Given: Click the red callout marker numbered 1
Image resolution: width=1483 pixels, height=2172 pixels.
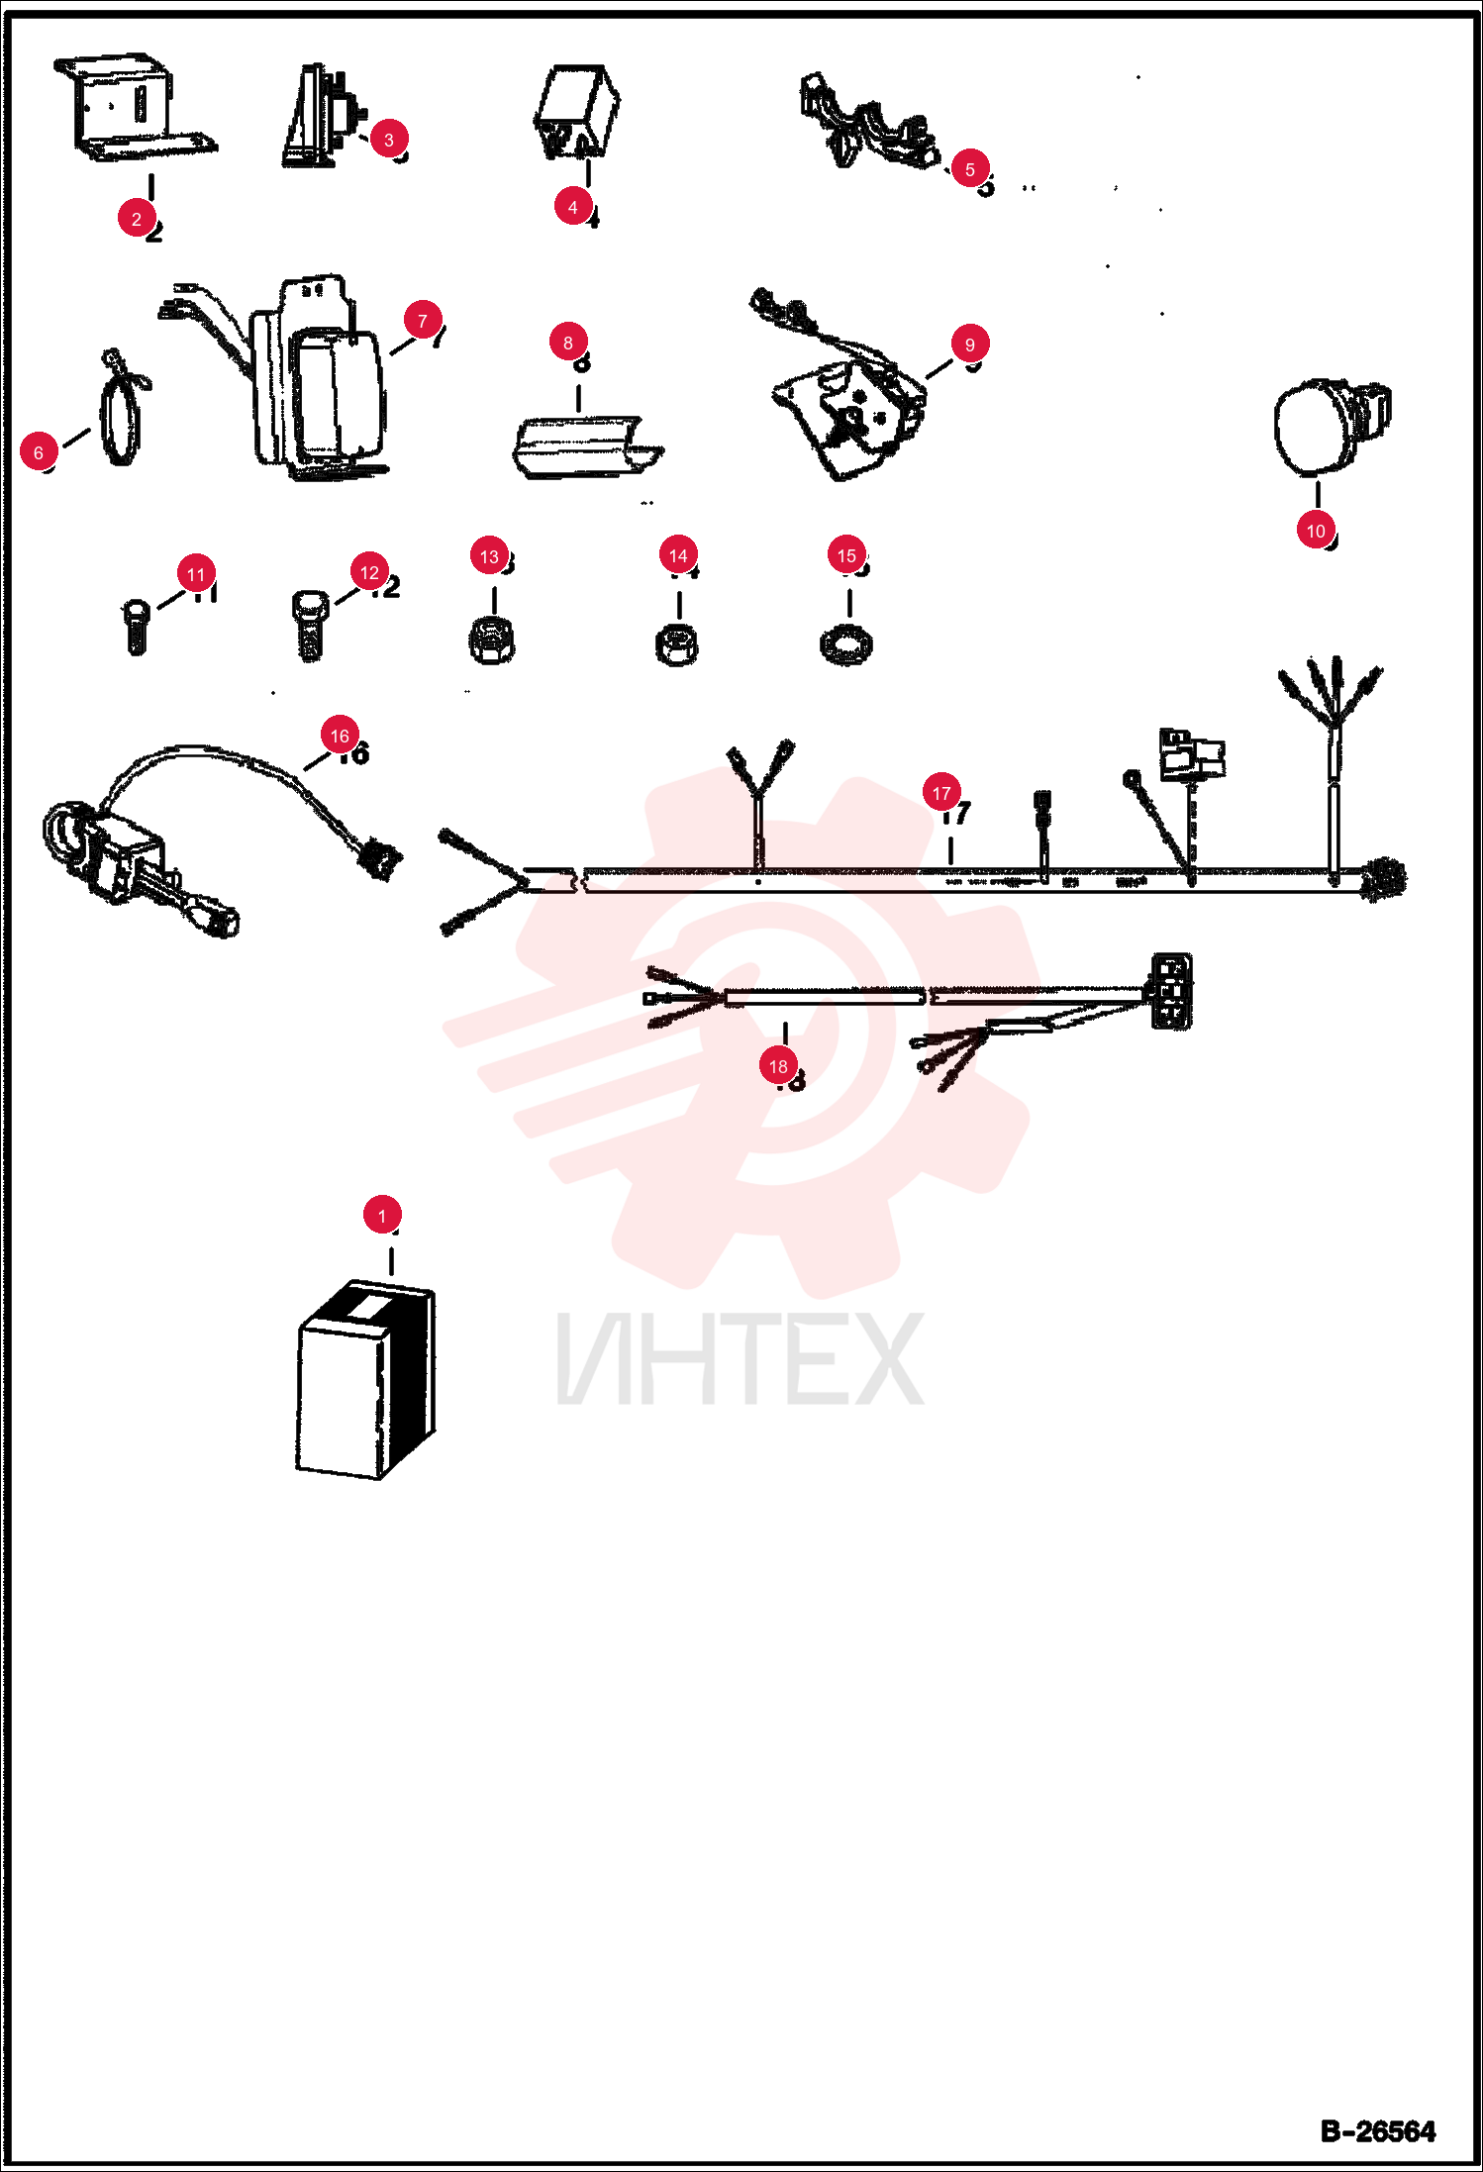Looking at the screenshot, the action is [x=382, y=1215].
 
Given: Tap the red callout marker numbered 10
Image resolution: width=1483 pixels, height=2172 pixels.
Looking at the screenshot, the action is [x=1316, y=531].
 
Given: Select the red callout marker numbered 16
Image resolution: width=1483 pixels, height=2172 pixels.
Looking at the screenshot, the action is [x=340, y=736].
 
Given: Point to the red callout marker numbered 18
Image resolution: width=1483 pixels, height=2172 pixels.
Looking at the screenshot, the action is [x=778, y=1066].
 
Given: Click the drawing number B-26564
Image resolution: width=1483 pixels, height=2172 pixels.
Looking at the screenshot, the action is [x=1378, y=2131].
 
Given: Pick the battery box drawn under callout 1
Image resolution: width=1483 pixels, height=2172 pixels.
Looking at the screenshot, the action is [x=365, y=1379].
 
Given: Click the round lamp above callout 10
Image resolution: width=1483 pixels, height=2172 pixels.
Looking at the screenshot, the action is [x=1332, y=427].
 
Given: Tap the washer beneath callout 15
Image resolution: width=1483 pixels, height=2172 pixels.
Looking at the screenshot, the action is [x=846, y=645].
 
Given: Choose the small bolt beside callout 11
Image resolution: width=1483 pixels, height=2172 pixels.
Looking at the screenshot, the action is [x=137, y=627].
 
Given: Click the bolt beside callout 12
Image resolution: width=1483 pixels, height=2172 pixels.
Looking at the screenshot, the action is [x=310, y=625].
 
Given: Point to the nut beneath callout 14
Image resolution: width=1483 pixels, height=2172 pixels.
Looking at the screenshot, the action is [x=677, y=644].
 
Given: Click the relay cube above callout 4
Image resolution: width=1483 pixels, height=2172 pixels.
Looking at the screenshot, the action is [x=577, y=111].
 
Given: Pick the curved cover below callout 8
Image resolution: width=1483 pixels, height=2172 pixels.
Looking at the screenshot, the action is [x=587, y=447].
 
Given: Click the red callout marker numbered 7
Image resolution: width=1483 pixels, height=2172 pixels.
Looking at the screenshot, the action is [x=423, y=321].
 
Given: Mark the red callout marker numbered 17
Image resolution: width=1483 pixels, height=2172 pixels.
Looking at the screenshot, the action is [x=941, y=793].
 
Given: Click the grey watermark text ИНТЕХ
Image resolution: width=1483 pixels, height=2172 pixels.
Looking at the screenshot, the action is [x=741, y=1359].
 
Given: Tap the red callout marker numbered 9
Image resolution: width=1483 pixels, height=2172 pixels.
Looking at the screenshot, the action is [x=970, y=345].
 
